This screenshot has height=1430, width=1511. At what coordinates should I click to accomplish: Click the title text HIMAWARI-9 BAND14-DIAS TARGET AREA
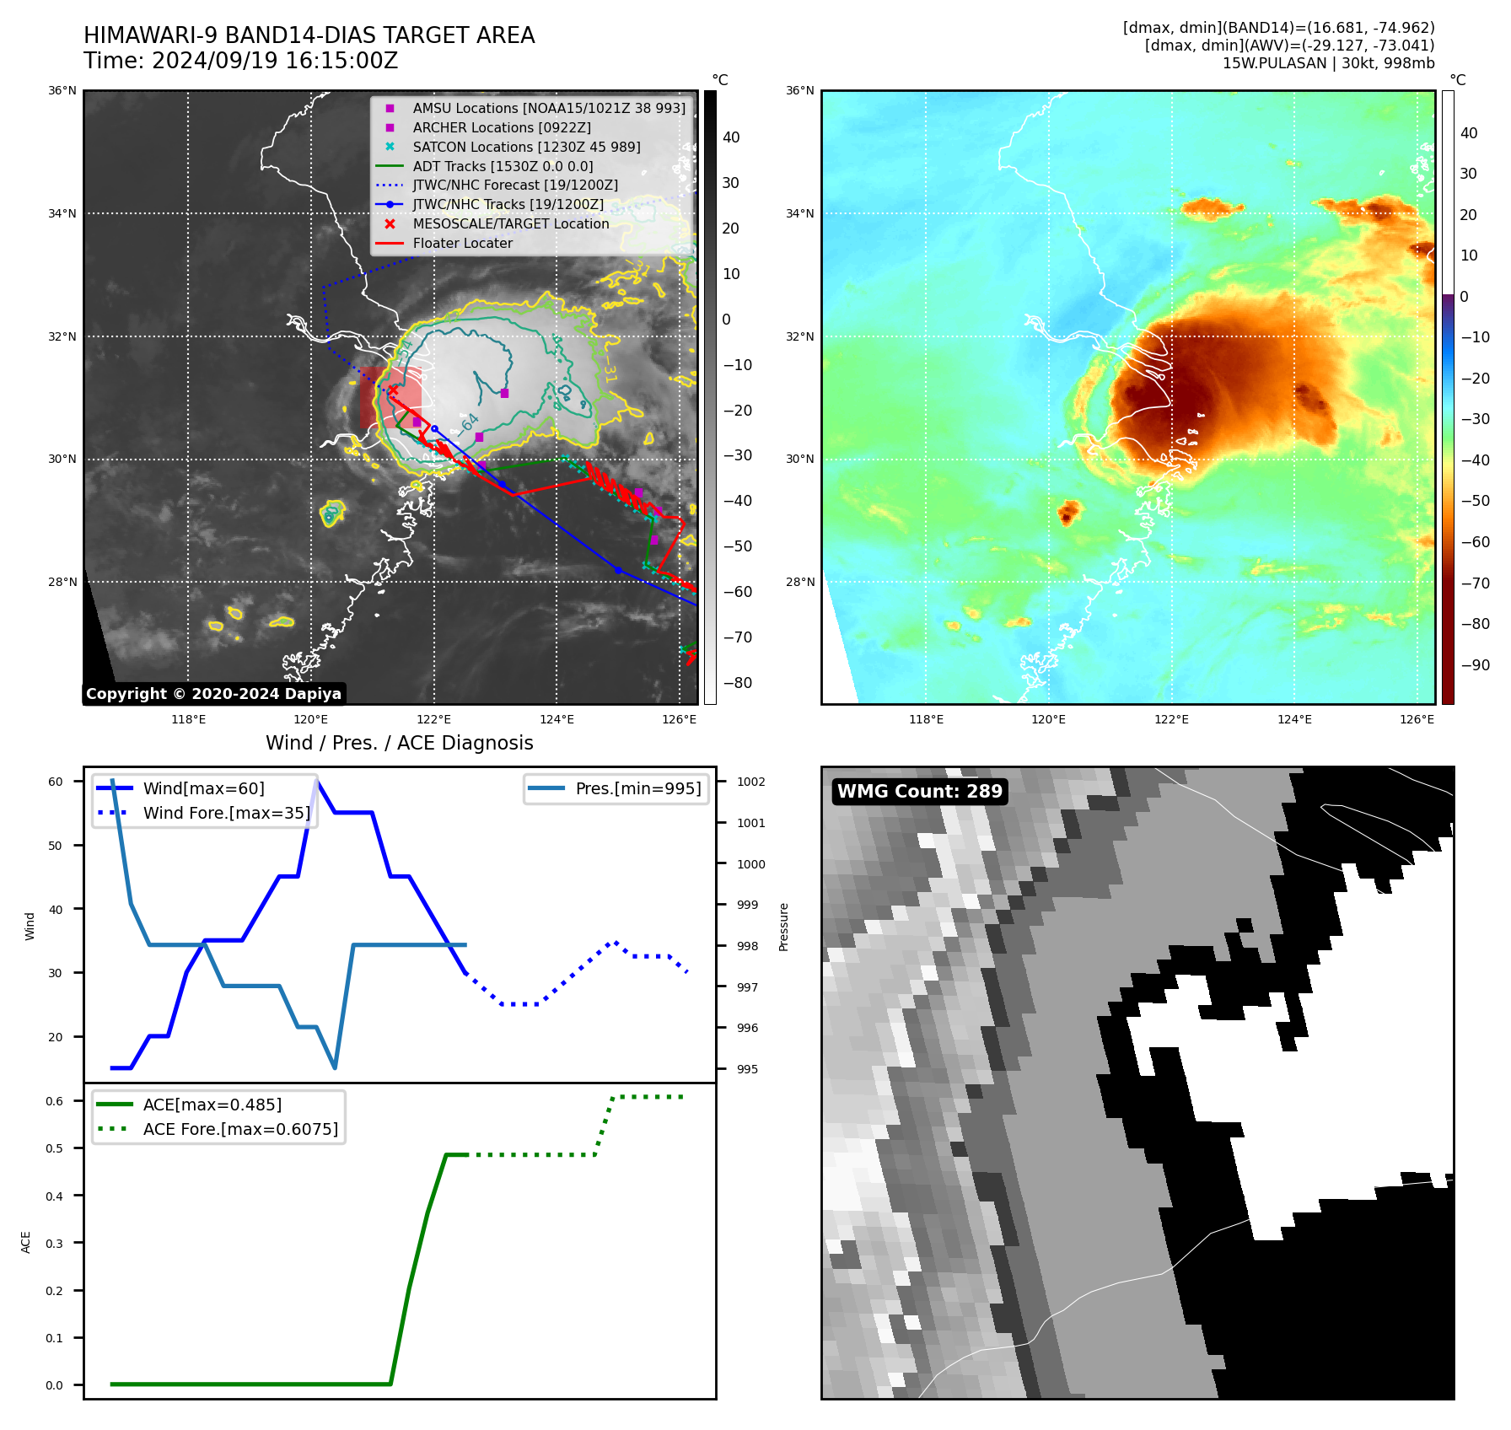(309, 35)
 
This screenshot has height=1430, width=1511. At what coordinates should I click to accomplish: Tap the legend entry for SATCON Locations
(526, 147)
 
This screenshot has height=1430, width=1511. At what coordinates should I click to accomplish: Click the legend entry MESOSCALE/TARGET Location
(510, 223)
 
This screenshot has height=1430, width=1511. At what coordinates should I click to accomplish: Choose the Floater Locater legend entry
(462, 243)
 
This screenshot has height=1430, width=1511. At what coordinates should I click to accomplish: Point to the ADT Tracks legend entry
(503, 166)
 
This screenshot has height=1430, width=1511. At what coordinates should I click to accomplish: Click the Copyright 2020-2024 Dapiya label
(213, 694)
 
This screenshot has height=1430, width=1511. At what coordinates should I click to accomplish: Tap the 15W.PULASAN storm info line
(1328, 63)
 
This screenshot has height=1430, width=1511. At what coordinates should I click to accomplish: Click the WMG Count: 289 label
(919, 791)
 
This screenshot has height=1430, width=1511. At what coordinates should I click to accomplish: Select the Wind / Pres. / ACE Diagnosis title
(399, 743)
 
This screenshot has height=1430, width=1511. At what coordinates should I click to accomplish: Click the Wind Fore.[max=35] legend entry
(226, 813)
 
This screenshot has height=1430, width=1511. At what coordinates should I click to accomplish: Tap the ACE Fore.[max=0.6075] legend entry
(240, 1129)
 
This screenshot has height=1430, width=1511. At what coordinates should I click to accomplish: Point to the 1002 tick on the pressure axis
(750, 782)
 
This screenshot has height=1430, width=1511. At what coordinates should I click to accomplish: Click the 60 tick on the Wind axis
(56, 782)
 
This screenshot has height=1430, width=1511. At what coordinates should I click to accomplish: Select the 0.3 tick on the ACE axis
(54, 1243)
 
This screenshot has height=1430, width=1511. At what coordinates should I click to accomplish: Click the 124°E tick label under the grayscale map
(557, 719)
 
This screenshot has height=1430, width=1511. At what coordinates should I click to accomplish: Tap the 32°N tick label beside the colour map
(800, 336)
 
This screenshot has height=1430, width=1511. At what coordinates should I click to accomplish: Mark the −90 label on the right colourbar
(1475, 664)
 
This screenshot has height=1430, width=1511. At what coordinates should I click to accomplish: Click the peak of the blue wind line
(316, 781)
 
